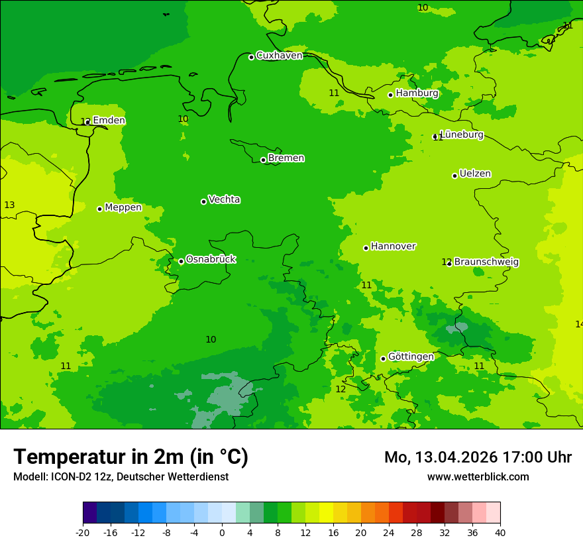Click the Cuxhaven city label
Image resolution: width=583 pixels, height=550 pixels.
click(279, 56)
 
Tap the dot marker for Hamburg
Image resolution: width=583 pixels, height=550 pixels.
click(391, 95)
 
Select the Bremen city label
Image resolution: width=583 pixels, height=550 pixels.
click(286, 158)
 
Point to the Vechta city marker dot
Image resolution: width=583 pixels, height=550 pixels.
click(203, 201)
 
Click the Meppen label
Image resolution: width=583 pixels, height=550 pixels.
click(123, 207)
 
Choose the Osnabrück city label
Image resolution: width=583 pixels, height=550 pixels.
click(211, 260)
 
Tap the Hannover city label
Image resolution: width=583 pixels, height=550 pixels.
click(393, 247)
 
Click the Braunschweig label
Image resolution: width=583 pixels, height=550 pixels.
click(486, 262)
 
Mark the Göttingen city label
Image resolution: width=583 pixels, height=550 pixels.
click(411, 357)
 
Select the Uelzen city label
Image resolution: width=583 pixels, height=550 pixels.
click(475, 174)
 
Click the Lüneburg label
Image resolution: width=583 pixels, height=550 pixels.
click(462, 135)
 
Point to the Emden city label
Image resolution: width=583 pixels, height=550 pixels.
click(109, 121)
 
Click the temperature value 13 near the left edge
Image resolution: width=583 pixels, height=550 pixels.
click(9, 205)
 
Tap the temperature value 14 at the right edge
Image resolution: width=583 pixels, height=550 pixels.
click(579, 324)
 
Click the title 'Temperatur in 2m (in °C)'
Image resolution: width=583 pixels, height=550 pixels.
click(131, 457)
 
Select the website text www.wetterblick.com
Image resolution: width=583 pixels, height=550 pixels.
click(478, 477)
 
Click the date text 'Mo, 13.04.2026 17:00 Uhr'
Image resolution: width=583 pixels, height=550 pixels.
click(478, 457)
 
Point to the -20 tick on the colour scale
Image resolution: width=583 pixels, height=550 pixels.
click(83, 532)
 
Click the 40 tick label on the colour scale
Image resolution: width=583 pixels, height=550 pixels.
click(500, 532)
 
